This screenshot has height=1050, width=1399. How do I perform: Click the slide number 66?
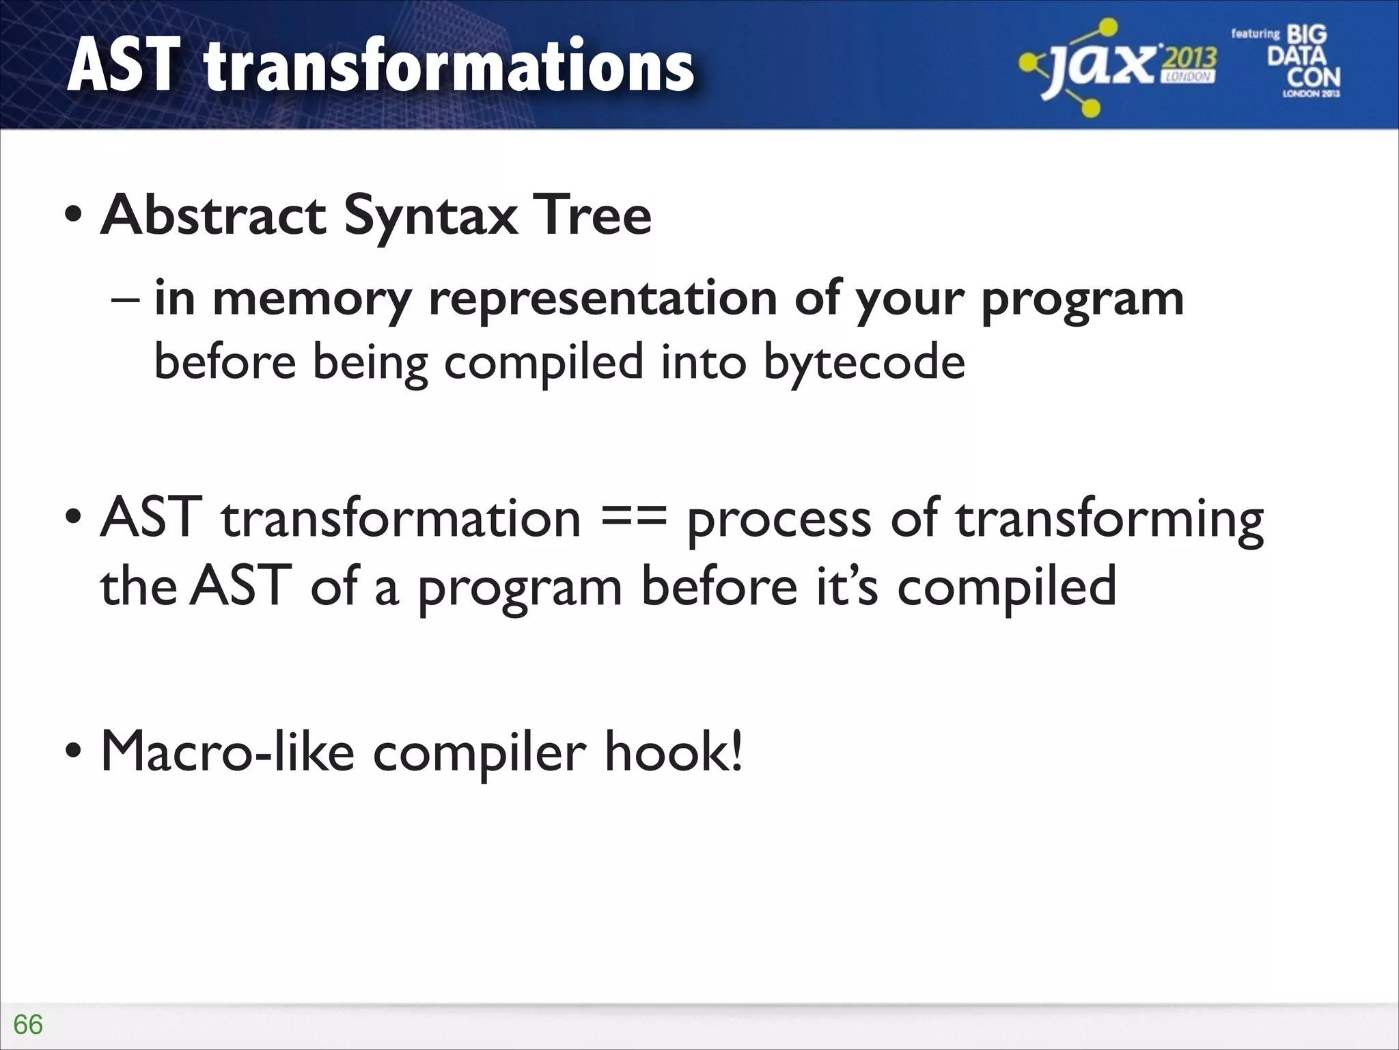pyautogui.click(x=28, y=1024)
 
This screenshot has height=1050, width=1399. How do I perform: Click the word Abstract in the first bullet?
pyautogui.click(x=213, y=215)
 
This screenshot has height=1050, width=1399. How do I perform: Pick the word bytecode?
pyautogui.click(x=863, y=363)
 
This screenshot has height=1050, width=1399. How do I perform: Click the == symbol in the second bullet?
pyautogui.click(x=633, y=518)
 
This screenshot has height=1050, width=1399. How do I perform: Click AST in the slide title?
pyautogui.click(x=124, y=66)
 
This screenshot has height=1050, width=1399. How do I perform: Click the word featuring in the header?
pyautogui.click(x=1255, y=33)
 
